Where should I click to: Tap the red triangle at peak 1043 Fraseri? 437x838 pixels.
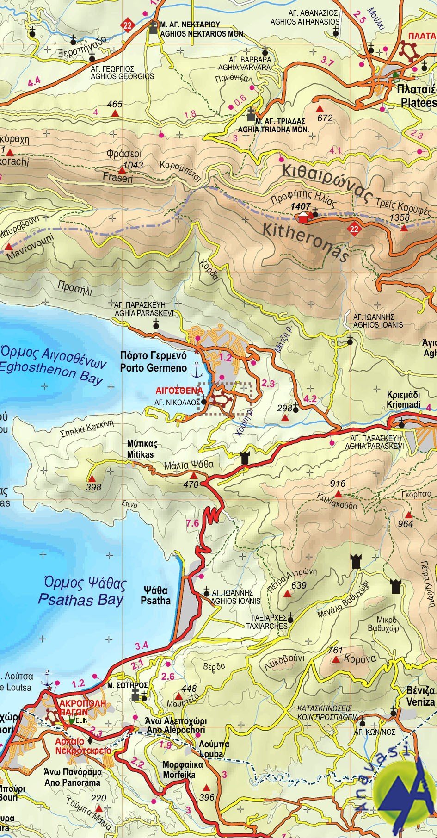pyautogui.click(x=122, y=170)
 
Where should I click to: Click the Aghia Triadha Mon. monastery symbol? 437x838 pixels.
pyautogui.click(x=251, y=114)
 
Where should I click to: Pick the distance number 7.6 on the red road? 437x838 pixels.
pyautogui.click(x=192, y=523)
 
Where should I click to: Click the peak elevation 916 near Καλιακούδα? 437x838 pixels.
pyautogui.click(x=338, y=484)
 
